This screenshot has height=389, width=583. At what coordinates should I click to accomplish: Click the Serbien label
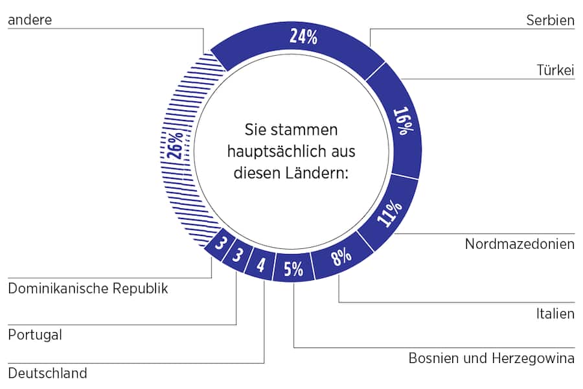(551, 21)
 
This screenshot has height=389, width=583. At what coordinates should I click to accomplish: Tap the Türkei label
(556, 70)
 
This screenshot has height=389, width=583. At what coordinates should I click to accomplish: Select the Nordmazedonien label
(520, 244)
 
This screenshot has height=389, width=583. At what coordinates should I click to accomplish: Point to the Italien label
(555, 314)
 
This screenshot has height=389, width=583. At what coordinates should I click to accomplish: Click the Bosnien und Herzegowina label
(491, 358)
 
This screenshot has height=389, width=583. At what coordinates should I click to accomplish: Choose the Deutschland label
(47, 373)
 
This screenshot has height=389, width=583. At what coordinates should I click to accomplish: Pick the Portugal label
(35, 335)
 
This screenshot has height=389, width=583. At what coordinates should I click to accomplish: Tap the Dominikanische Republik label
(87, 289)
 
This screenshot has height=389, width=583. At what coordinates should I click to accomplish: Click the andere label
(30, 20)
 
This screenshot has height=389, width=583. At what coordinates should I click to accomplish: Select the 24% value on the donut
(303, 37)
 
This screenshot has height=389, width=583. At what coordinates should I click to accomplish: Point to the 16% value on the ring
(402, 121)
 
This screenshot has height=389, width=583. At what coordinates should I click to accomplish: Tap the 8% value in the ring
(341, 257)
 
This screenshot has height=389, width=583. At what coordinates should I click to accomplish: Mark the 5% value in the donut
(293, 268)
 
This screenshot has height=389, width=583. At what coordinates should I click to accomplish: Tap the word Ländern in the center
(322, 172)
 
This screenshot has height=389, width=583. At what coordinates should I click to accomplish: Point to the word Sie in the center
(254, 130)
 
